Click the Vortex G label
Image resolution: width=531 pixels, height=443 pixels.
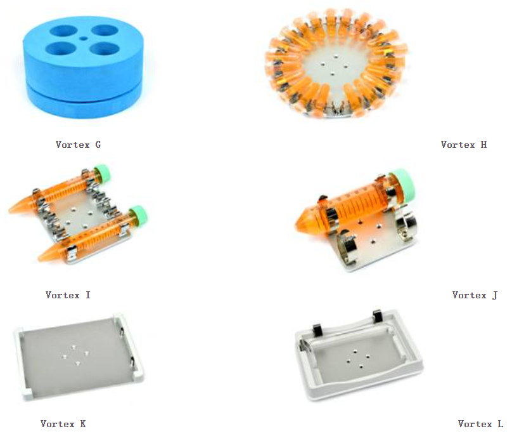tap(78, 145)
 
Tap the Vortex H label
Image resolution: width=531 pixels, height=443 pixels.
tap(464, 145)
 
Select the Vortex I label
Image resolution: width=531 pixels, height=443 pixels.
tap(68, 295)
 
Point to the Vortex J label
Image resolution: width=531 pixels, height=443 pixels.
tap(475, 295)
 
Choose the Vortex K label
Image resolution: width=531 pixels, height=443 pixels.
tap(63, 424)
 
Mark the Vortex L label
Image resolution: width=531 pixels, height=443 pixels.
tap(480, 424)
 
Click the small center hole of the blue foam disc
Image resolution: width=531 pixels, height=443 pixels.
tap(84, 39)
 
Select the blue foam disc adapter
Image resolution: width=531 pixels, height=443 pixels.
tap(84, 67)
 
